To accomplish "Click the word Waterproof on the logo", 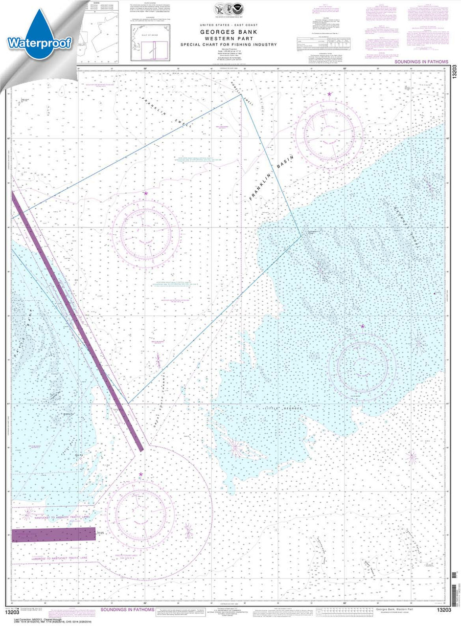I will tap(40, 42).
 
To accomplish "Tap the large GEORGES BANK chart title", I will tap(239, 29).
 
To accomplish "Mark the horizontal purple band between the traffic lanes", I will tap(53, 534).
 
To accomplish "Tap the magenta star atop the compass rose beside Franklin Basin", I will tap(329, 94).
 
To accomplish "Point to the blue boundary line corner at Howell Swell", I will tap(241, 94).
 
